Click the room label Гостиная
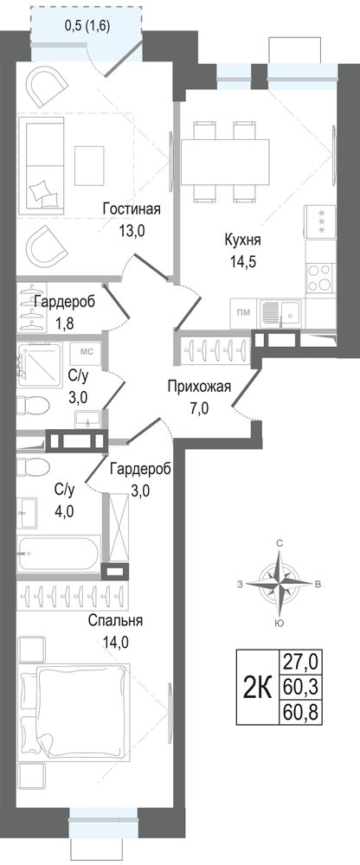(x=132, y=209)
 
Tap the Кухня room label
(x=243, y=240)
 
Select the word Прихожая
(x=199, y=387)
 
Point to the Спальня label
(x=115, y=620)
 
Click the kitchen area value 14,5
(x=243, y=260)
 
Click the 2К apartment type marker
(x=258, y=688)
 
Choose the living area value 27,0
(x=302, y=659)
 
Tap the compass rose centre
(x=280, y=584)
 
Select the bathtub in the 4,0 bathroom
(x=59, y=552)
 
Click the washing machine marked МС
(x=86, y=353)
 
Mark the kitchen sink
(x=280, y=313)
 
